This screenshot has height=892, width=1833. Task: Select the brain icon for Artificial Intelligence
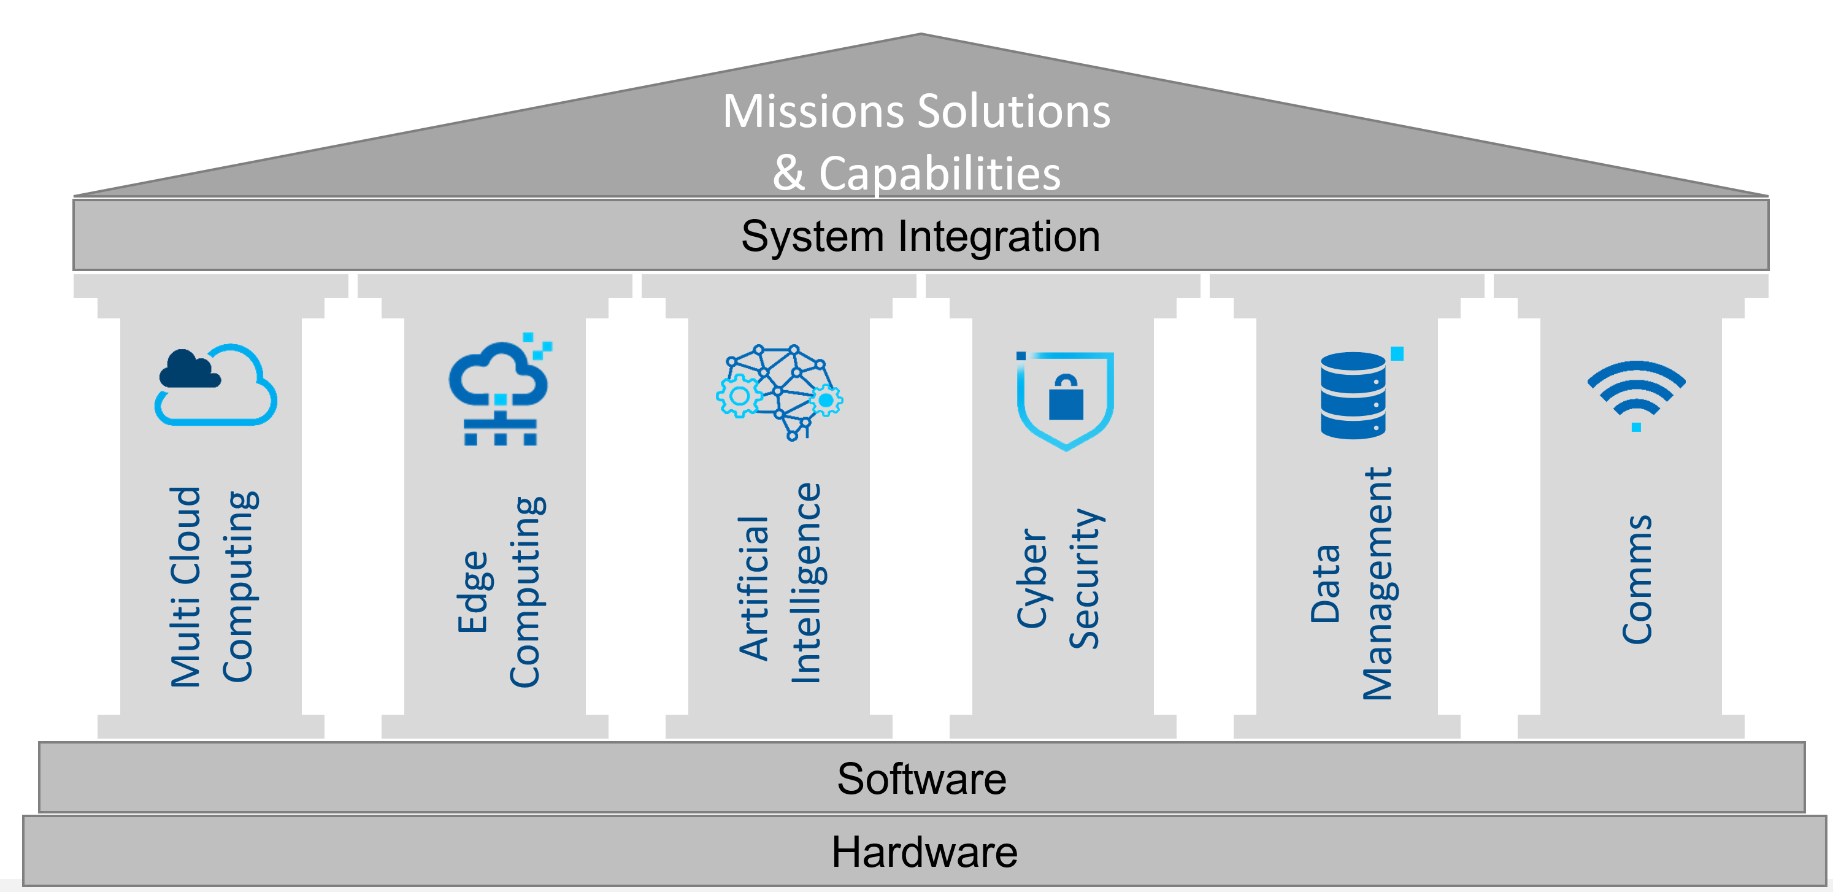779,393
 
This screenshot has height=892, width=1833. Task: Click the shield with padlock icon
1064,401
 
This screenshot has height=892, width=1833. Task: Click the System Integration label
920,237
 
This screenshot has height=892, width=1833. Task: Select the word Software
921,779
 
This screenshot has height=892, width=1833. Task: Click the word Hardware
924,852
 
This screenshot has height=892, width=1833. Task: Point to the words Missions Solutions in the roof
916,112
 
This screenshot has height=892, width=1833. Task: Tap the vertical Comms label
1636,579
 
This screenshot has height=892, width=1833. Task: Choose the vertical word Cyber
1032,579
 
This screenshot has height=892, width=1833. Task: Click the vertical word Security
1085,579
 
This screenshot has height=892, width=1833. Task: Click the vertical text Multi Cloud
185,587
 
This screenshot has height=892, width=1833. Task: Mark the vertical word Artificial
753,588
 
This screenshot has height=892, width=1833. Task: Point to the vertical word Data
1325,585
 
